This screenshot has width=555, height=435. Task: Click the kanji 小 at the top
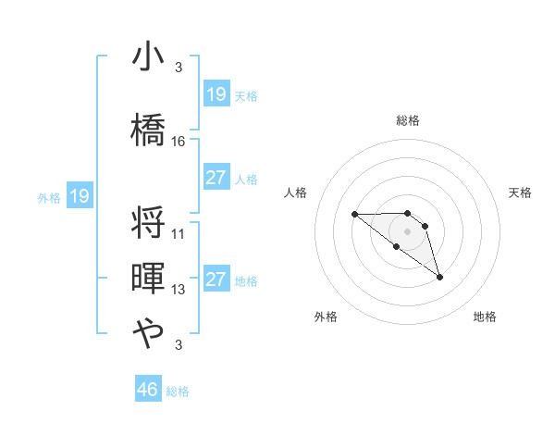148,57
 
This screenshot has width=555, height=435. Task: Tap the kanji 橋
148,128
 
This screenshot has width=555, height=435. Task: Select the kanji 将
148,223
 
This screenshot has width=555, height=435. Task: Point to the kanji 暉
148,279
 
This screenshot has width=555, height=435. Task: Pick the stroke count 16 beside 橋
179,142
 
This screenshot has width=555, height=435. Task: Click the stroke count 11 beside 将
179,234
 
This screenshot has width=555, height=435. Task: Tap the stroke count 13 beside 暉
179,290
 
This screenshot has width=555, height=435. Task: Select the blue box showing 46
148,389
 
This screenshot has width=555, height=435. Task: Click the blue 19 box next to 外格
79,196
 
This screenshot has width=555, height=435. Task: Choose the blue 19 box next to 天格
216,94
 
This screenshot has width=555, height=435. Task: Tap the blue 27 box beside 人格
216,178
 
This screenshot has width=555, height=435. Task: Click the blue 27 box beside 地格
216,280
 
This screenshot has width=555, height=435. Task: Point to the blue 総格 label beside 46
178,391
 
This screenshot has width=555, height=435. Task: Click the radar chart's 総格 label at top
407,120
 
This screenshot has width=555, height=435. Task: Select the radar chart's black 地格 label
485,317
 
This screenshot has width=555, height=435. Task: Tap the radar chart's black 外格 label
326,317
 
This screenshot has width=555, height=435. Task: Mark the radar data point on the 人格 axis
354,214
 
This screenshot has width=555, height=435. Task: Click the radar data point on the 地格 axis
439,276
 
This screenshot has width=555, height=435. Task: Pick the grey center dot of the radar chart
407,230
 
